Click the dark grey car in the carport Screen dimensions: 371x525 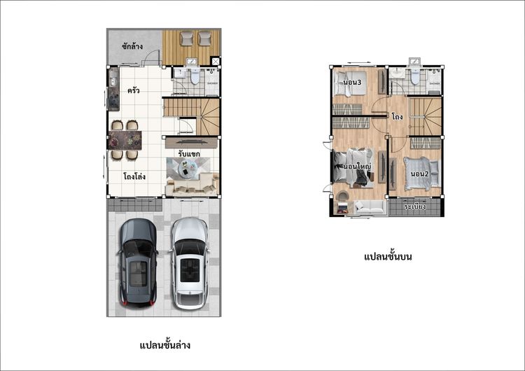137,262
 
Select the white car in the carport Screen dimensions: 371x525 189,262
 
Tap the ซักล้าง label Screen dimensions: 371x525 132,46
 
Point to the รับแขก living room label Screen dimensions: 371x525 189,153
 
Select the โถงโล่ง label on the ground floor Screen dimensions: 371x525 134,176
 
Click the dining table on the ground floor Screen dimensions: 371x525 127,140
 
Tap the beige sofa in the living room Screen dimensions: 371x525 191,185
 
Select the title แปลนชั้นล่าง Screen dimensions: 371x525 164,345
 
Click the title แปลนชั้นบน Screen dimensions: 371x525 387,258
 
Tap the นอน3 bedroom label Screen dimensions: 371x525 352,83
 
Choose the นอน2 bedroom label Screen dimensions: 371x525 419,173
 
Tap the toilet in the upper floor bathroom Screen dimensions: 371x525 416,78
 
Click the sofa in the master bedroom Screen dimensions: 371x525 370,207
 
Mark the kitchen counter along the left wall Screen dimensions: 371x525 113,89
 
